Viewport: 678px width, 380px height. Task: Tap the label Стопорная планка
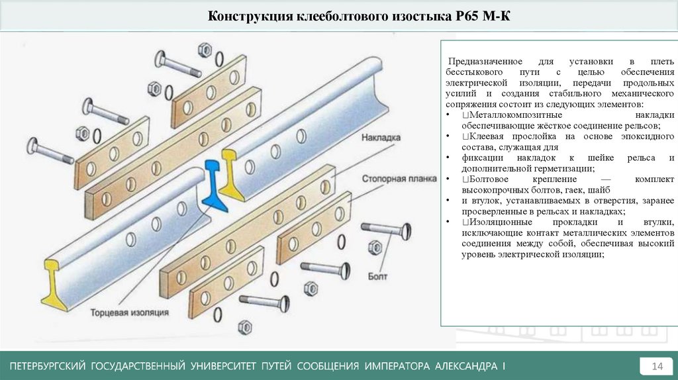click(398, 179)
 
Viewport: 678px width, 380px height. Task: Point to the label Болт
click(377, 275)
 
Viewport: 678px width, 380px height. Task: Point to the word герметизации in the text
click(555, 169)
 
